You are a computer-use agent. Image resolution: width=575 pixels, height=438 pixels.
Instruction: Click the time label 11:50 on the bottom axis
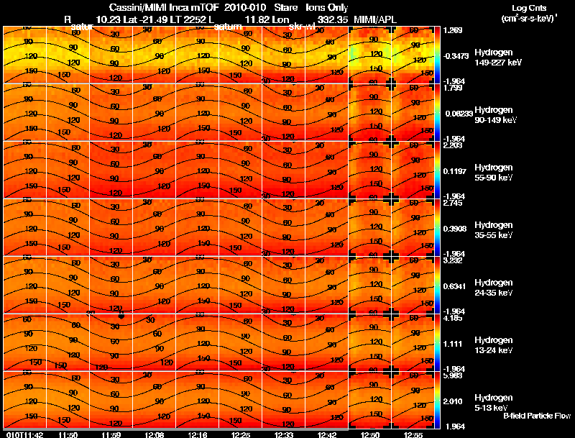[x=68, y=434]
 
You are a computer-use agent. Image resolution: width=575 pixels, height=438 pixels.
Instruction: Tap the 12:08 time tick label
[x=155, y=434]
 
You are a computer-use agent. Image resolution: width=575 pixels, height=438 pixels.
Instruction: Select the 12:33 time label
[x=284, y=434]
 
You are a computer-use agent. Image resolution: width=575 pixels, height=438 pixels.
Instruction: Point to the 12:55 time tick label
[x=414, y=434]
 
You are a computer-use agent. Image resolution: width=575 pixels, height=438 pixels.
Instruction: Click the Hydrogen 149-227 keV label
[x=493, y=58]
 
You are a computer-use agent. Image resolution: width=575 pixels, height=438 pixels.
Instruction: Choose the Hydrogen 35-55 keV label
[x=493, y=230]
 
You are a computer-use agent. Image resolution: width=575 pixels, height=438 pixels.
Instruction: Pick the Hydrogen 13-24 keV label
[x=493, y=345]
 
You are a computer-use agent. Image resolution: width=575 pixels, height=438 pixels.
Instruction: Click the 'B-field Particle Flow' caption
[x=537, y=416]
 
